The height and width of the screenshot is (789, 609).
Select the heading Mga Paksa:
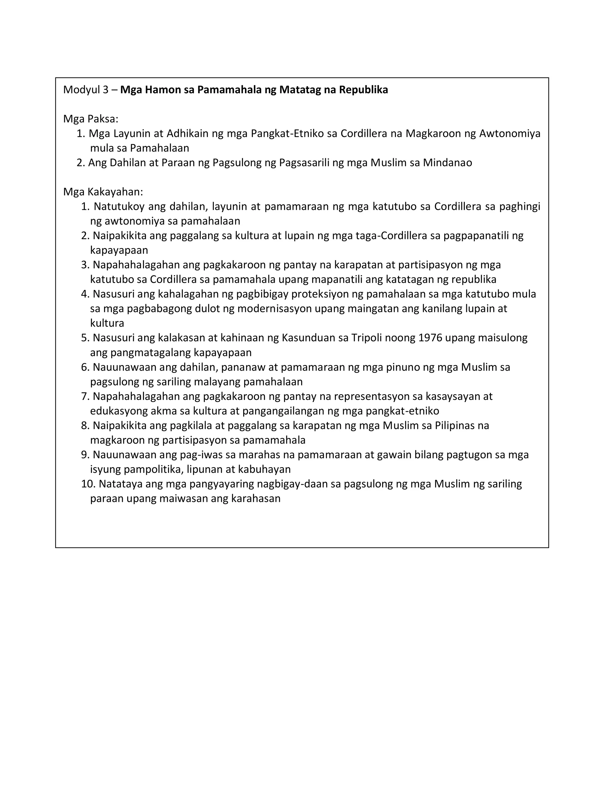(91, 119)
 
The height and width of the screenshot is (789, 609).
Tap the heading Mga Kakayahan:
(103, 192)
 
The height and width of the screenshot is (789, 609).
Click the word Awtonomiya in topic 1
(509, 134)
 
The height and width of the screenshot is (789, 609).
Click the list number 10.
(87, 484)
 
